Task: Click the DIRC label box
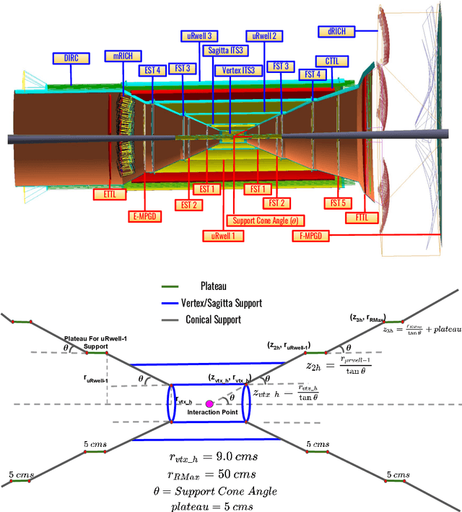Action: point(71,57)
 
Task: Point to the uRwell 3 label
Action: point(199,36)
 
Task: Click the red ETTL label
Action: point(110,194)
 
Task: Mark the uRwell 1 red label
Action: point(222,236)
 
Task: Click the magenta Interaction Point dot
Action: point(210,403)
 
